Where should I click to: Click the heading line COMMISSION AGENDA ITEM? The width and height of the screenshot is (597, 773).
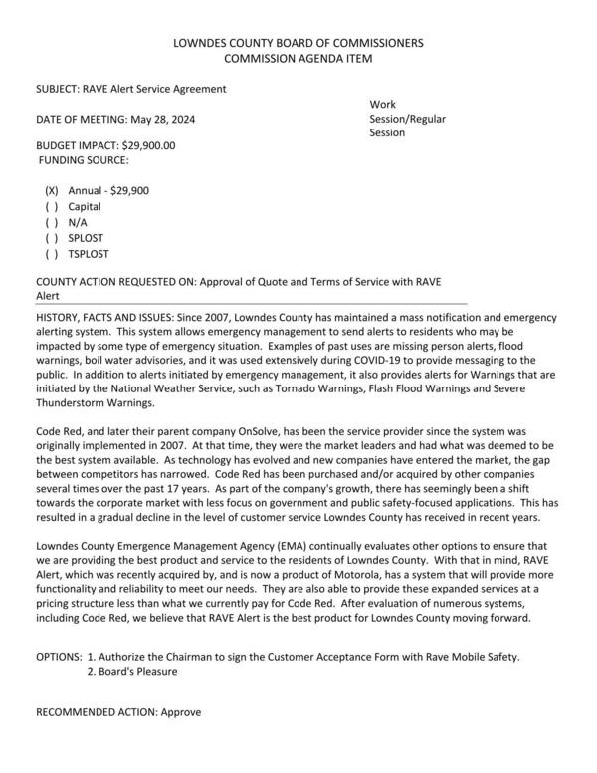(x=298, y=59)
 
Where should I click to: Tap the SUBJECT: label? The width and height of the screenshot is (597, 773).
(x=62, y=89)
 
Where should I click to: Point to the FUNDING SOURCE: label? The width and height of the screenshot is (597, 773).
(x=84, y=159)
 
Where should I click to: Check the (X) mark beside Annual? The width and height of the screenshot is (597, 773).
(x=52, y=189)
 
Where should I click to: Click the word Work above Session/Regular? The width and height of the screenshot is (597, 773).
(x=382, y=104)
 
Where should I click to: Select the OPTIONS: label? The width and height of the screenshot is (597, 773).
(x=59, y=656)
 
